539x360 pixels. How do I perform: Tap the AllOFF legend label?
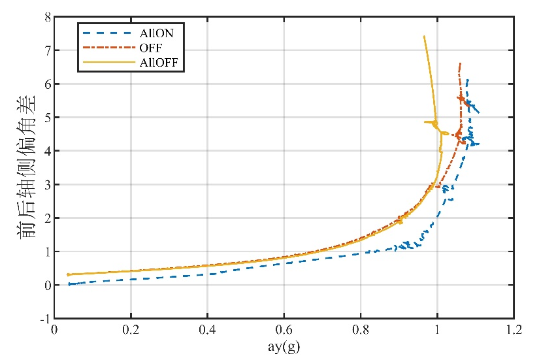pyautogui.click(x=159, y=63)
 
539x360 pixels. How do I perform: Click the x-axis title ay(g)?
pyautogui.click(x=284, y=345)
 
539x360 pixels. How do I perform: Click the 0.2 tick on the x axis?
pyautogui.click(x=131, y=331)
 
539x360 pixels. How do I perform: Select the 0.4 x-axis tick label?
pyautogui.click(x=207, y=331)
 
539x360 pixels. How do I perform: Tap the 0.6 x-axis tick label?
pyautogui.click(x=284, y=331)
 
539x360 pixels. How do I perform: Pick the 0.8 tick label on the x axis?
pyautogui.click(x=360, y=331)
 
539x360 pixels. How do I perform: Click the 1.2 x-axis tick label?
pyautogui.click(x=514, y=331)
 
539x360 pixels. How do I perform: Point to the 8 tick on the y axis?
pyautogui.click(x=47, y=17)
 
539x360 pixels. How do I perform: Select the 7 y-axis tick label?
pyautogui.click(x=47, y=50)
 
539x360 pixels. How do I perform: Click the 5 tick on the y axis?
pyautogui.click(x=47, y=118)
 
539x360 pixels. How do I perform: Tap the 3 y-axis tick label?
pyautogui.click(x=47, y=185)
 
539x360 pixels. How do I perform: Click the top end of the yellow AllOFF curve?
pyautogui.click(x=424, y=37)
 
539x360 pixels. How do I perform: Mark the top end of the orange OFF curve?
pyautogui.click(x=461, y=63)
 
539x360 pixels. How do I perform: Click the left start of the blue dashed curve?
pyautogui.click(x=69, y=284)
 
